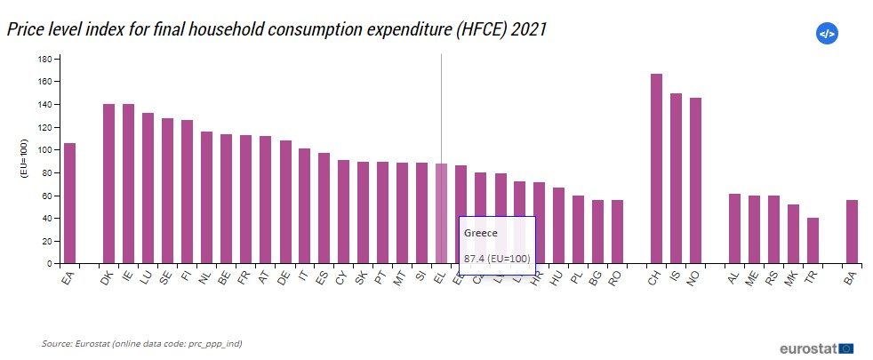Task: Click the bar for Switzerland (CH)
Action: coord(656,169)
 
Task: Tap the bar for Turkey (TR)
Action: coord(813,241)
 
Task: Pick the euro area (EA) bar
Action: coord(69,204)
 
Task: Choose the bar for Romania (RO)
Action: coord(617,232)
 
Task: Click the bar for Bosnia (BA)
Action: coord(852,232)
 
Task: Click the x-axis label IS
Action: coord(676,277)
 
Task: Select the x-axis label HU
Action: coord(557,278)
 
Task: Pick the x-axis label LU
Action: coord(147,278)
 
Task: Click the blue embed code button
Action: coord(827,34)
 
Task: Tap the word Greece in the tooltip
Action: coord(481,233)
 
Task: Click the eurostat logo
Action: coord(815,348)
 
